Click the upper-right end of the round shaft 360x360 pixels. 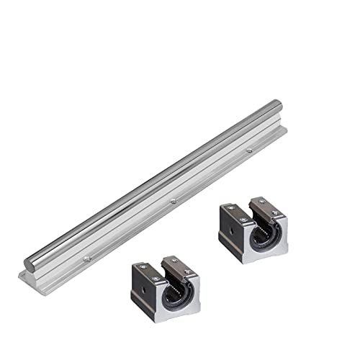click(278, 105)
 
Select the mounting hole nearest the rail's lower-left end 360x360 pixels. click(86, 257)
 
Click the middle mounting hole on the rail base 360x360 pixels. click(174, 202)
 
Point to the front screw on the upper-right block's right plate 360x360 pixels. click(275, 212)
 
